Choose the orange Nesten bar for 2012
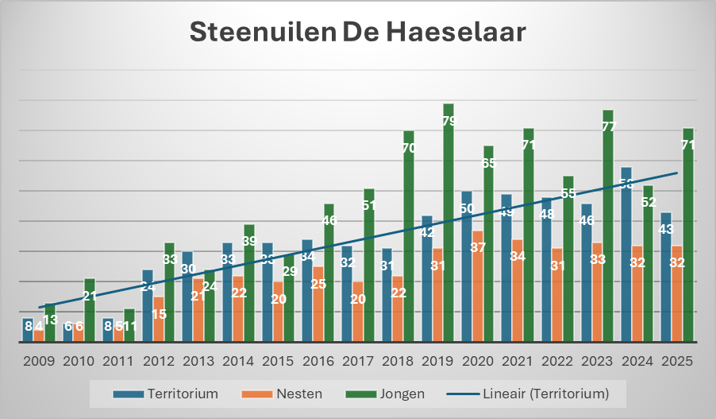pos(159,322)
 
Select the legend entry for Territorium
pos(167,393)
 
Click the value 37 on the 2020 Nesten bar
pos(477,247)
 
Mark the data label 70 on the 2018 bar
pos(409,148)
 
